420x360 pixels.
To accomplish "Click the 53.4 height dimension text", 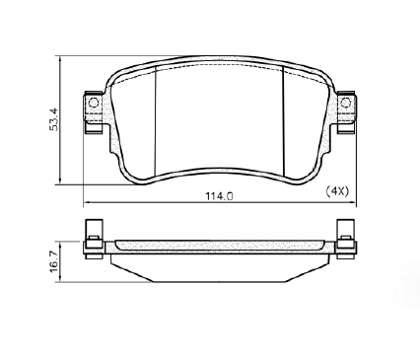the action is point(54,119).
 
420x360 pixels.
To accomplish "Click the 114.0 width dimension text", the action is point(219,196).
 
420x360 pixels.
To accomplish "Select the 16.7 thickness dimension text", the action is point(54,260).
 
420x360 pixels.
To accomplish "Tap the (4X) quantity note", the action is point(337,190).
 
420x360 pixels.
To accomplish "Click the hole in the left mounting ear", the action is point(94,103).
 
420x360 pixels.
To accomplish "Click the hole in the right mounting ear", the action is point(345,103).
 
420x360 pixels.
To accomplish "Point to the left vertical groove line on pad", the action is point(155,120).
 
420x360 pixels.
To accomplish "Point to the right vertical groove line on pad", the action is point(283,120).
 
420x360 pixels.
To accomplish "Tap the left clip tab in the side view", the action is point(94,228).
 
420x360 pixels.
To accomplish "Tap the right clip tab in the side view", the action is point(346,228).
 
